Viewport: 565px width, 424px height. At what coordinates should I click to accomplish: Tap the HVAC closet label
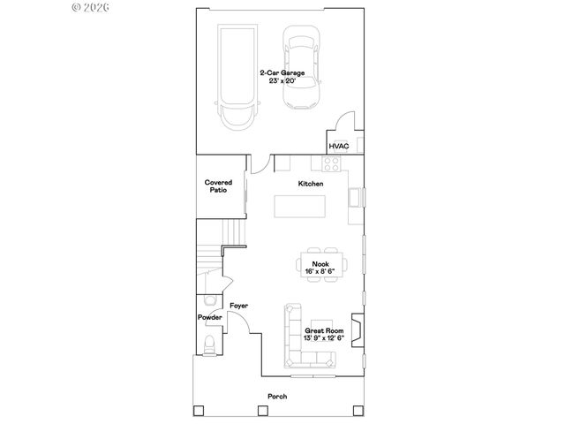pyautogui.click(x=339, y=146)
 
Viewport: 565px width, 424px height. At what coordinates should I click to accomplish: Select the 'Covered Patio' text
pyautogui.click(x=219, y=185)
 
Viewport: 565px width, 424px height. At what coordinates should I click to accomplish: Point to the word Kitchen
pyautogui.click(x=310, y=184)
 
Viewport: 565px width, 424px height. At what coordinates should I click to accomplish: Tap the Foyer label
pyautogui.click(x=238, y=306)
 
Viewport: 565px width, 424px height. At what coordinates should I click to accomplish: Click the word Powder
pyautogui.click(x=209, y=317)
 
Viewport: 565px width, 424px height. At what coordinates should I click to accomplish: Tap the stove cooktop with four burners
pyautogui.click(x=332, y=163)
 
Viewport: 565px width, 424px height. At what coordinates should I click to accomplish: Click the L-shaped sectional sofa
pyautogui.click(x=297, y=344)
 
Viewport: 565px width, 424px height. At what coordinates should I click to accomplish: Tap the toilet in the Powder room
pyautogui.click(x=208, y=345)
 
